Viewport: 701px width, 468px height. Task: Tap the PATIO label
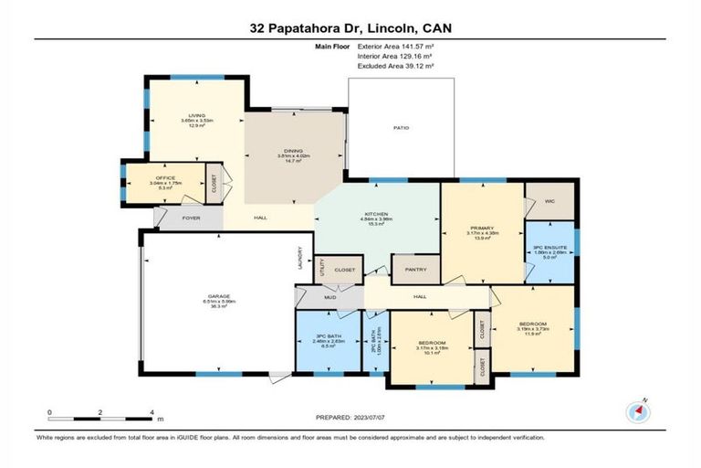click(x=401, y=128)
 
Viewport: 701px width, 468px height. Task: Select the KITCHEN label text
click(x=376, y=214)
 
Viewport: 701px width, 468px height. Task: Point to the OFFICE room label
click(x=165, y=177)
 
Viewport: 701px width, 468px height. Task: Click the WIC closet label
click(x=549, y=200)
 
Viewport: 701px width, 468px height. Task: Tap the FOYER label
click(x=191, y=218)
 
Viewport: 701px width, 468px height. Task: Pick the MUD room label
click(x=330, y=298)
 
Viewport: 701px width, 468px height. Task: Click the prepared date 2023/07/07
click(x=365, y=418)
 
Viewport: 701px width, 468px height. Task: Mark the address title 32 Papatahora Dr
click(x=302, y=28)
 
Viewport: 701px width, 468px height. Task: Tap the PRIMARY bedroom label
click(x=482, y=228)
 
